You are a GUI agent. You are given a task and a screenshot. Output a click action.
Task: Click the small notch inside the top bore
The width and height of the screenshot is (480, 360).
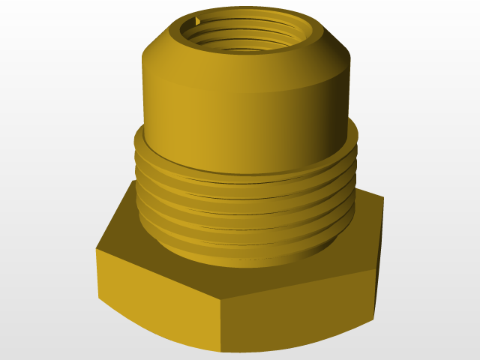point(196,21)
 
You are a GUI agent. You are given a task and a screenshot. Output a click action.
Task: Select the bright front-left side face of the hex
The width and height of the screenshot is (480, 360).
point(157,300)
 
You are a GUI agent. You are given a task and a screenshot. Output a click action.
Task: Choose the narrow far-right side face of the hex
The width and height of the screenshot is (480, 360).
point(379,255)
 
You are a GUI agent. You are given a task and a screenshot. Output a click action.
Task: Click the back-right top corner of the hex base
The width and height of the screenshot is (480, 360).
point(383,199)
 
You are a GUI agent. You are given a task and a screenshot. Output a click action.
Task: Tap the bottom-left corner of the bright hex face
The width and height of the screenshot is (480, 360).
point(99,300)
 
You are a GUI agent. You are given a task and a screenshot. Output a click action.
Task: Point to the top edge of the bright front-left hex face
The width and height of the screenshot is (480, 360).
point(157,275)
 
